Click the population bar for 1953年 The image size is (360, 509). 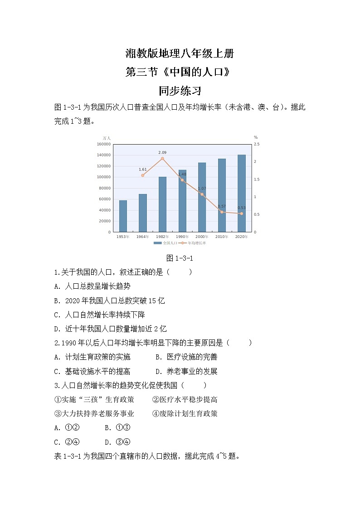point(123,216)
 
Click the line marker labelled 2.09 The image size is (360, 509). point(162,159)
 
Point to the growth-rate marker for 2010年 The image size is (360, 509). point(222,212)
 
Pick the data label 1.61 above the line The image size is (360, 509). point(142,170)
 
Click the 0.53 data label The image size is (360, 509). point(242,208)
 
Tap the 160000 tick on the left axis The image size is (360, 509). point(104,144)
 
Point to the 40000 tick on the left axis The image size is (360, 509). point(105,210)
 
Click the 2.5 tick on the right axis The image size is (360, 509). point(257,144)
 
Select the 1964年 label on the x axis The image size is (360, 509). point(142,237)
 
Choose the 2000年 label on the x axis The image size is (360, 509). point(202,237)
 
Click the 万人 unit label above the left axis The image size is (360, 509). point(107,138)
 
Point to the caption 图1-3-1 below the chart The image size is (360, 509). point(180,258)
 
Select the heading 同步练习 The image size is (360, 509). point(180,91)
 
